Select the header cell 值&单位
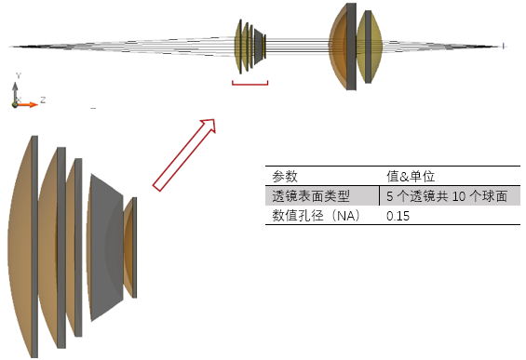click(411, 175)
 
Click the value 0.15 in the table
click(398, 216)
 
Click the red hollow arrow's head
click(208, 126)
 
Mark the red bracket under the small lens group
click(250, 85)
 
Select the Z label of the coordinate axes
click(43, 98)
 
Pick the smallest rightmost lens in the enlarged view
click(131, 245)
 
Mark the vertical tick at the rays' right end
click(504, 46)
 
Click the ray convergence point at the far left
click(11, 46)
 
